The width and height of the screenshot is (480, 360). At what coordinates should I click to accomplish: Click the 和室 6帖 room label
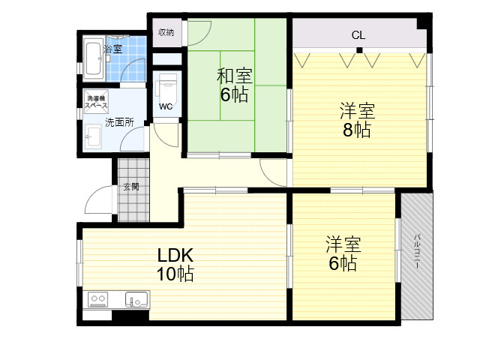[x=235, y=85]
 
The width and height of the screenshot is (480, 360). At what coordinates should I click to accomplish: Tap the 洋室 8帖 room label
[x=357, y=121]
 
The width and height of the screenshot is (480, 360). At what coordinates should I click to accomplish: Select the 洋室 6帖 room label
[x=343, y=253]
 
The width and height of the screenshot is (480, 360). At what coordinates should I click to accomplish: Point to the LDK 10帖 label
[x=175, y=265]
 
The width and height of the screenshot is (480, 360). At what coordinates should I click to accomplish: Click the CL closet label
[x=358, y=35]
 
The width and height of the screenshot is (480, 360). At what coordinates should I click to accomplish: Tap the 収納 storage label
[x=166, y=32]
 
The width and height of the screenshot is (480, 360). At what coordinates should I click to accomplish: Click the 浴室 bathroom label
[x=113, y=49]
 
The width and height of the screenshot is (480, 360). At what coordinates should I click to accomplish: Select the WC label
[x=166, y=106]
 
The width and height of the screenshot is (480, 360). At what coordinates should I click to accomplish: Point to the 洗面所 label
[x=119, y=122]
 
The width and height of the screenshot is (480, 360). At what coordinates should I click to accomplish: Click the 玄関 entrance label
[x=131, y=187]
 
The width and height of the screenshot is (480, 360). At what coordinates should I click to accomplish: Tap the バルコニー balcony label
[x=417, y=252]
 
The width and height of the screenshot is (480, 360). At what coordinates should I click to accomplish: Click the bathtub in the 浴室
[x=94, y=59]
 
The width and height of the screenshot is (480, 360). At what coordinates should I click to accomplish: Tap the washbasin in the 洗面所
[x=93, y=136]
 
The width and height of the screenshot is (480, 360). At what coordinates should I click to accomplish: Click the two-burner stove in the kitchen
[x=97, y=299]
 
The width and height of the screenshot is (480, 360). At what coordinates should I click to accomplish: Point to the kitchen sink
[x=136, y=299]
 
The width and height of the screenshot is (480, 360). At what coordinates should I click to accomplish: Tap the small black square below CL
[x=359, y=50]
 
